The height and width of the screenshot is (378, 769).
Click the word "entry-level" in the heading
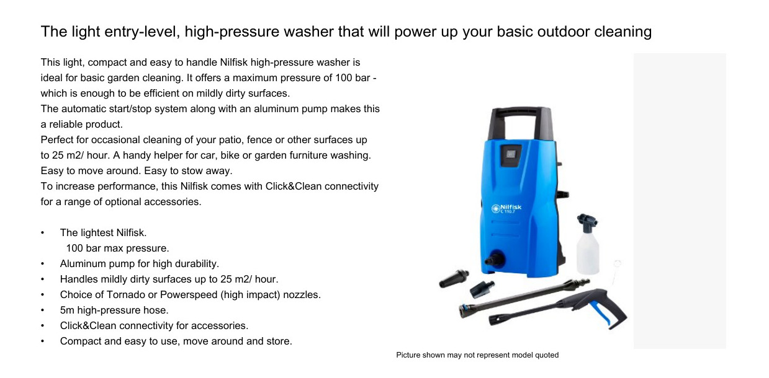pyautogui.click(x=142, y=32)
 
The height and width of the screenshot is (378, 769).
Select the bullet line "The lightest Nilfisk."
pyautogui.click(x=103, y=233)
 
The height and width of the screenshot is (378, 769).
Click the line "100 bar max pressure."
pyautogui.click(x=117, y=248)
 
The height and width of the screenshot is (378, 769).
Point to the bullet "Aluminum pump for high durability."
pyautogui.click(x=140, y=263)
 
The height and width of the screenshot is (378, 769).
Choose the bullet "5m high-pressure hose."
pyautogui.click(x=114, y=310)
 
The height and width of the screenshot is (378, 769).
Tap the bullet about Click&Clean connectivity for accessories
pyautogui.click(x=154, y=325)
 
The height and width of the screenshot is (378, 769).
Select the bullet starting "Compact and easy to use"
pyautogui.click(x=176, y=341)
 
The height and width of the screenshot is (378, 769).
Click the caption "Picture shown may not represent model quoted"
pyautogui.click(x=477, y=355)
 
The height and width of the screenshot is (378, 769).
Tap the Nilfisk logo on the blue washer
pyautogui.click(x=506, y=208)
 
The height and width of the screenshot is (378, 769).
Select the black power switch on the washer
pyautogui.click(x=510, y=156)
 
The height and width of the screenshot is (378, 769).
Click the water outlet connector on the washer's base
pyautogui.click(x=495, y=259)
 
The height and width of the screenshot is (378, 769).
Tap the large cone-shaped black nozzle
pyautogui.click(x=454, y=278)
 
